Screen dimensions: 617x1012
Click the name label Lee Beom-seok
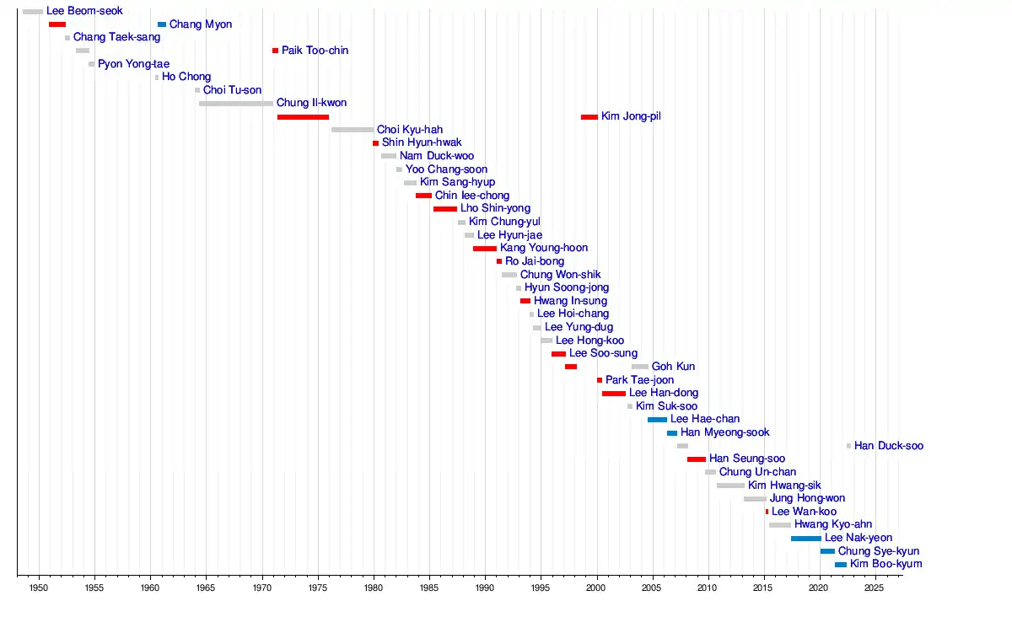click(84, 12)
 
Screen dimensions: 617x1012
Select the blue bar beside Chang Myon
click(162, 24)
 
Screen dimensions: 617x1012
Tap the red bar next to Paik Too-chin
click(275, 51)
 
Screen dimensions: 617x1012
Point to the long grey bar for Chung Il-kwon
click(236, 104)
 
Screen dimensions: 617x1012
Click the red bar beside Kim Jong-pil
click(589, 117)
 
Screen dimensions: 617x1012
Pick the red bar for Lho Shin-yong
click(445, 209)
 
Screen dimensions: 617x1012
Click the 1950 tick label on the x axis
click(39, 587)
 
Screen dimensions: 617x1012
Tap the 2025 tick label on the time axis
click(875, 587)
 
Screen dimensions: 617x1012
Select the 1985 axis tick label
click(429, 587)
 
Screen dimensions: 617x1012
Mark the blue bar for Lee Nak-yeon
click(805, 539)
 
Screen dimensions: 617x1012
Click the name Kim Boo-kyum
click(885, 564)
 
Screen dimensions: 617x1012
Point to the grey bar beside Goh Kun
click(640, 367)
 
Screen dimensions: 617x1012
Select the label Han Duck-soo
click(888, 446)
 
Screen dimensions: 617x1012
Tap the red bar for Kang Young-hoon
click(485, 249)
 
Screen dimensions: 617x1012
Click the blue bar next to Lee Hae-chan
click(657, 420)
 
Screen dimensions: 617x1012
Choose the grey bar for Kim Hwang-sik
click(730, 486)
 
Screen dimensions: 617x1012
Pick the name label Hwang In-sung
click(570, 301)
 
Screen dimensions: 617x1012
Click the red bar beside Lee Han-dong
click(614, 394)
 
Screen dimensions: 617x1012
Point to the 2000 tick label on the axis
click(596, 587)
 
